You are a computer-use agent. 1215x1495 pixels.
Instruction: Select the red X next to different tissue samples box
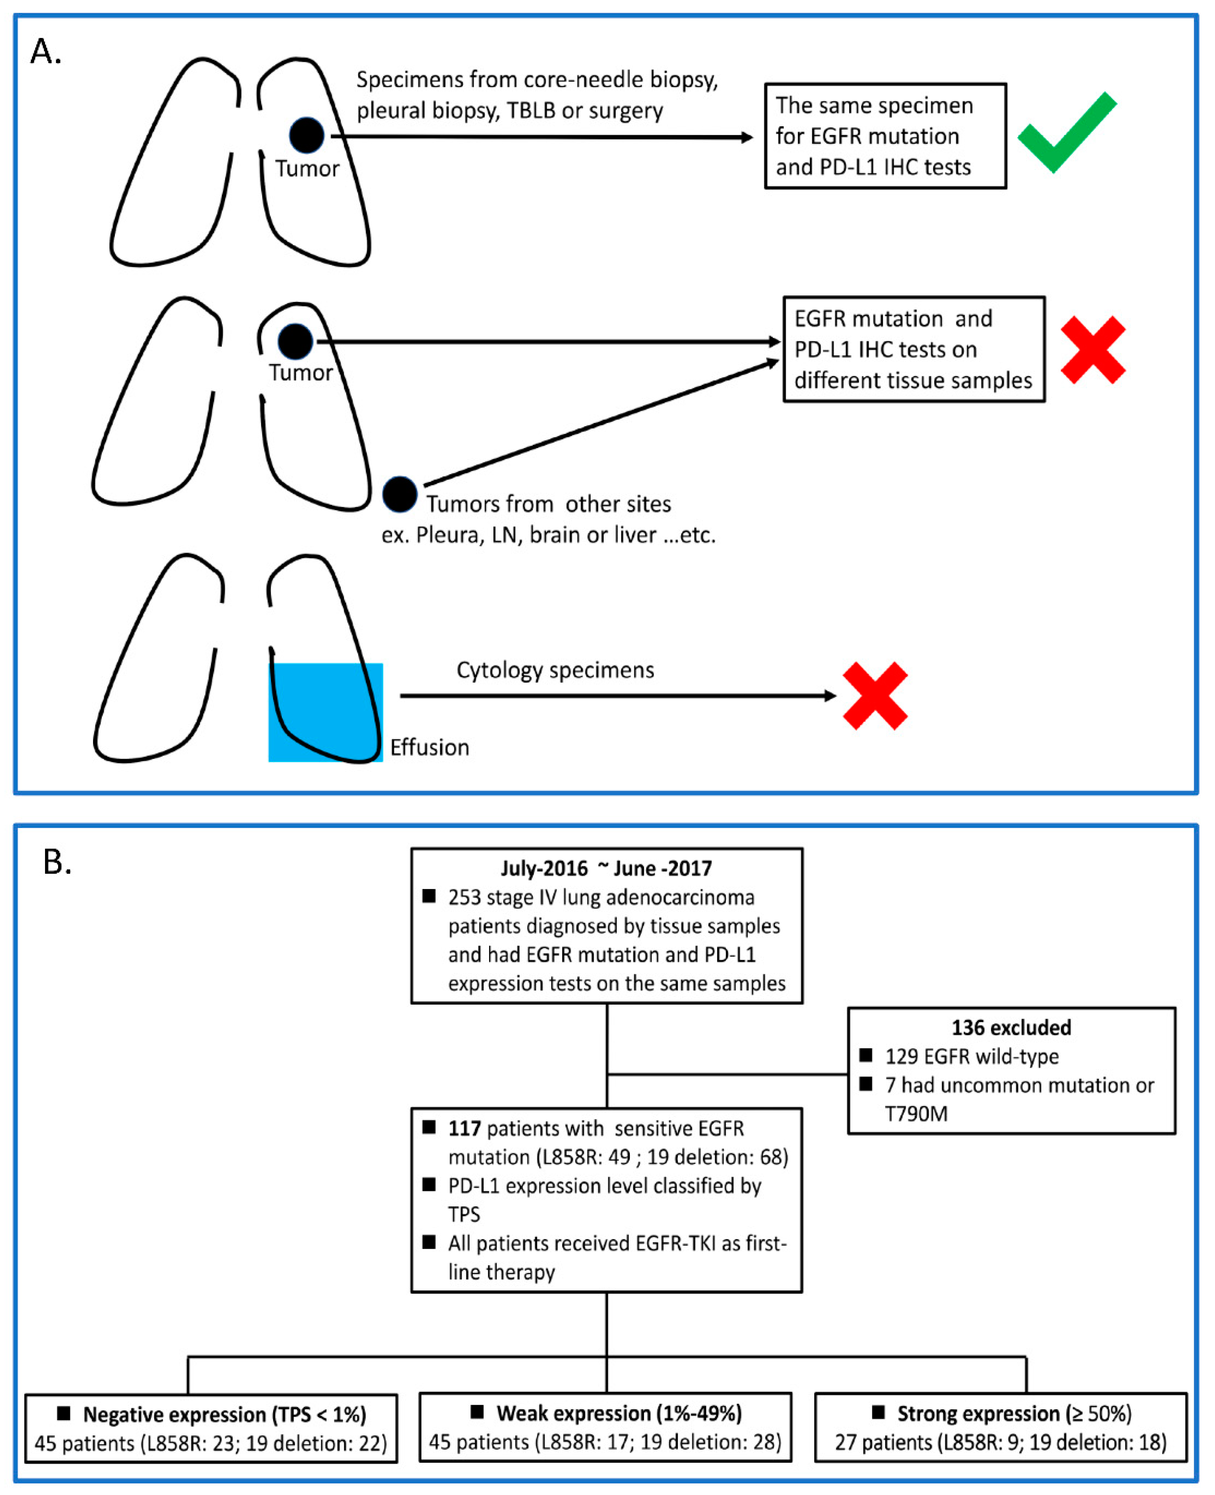[x=1092, y=350]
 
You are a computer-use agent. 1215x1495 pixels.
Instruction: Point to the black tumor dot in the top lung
[x=307, y=135]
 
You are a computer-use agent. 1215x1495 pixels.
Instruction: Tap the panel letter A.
[x=45, y=52]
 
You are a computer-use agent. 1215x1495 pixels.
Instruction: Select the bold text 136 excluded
[x=1011, y=1027]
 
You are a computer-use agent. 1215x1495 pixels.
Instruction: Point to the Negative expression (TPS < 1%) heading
[x=224, y=1414]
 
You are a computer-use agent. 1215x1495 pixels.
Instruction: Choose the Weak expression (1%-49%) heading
[x=619, y=1413]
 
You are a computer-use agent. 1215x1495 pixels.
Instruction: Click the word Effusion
[x=429, y=748]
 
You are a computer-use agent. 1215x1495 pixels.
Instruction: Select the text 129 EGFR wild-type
[x=971, y=1056]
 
